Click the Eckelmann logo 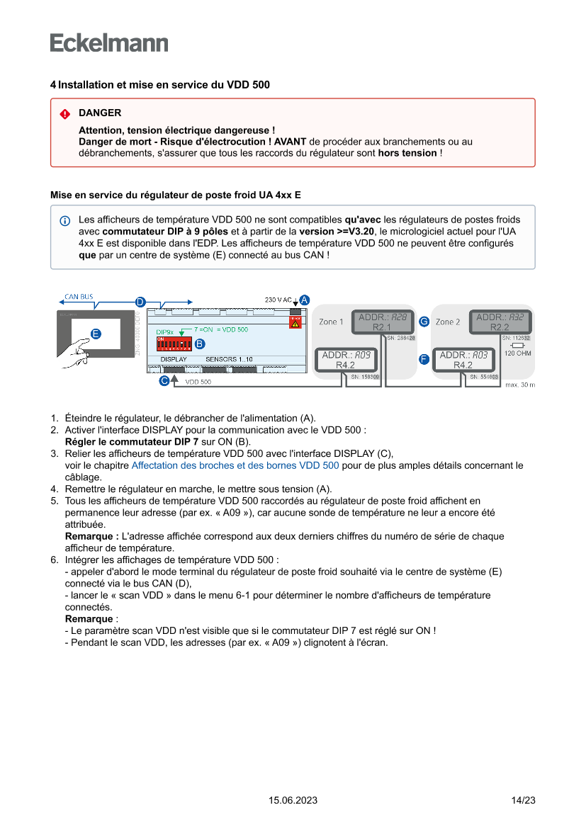coord(109,42)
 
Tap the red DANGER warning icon coord(65,113)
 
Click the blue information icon coord(65,220)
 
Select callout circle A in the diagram coord(304,300)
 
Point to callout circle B coord(200,344)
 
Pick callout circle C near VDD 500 coord(164,380)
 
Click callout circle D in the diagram coord(140,302)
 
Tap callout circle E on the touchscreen coord(96,334)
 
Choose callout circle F coord(424,359)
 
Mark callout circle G coord(424,322)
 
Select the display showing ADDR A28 coord(383,322)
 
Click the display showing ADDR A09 coord(345,360)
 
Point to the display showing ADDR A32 coord(500,322)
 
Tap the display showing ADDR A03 coord(462,360)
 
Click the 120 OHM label coord(517,353)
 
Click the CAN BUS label coord(79,296)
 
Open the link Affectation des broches coord(235,465)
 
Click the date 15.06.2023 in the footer coord(293,800)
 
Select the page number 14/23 coord(523,800)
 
